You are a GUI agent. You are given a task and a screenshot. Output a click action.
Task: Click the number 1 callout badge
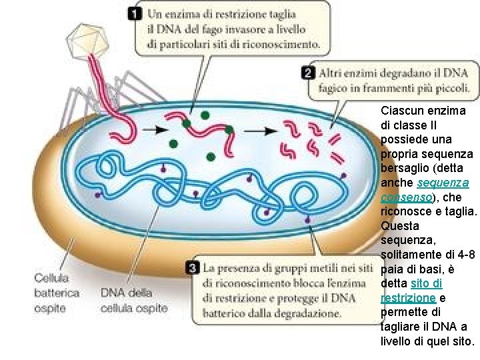tap(135, 14)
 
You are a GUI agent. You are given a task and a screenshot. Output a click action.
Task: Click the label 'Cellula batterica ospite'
tap(57, 293)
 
